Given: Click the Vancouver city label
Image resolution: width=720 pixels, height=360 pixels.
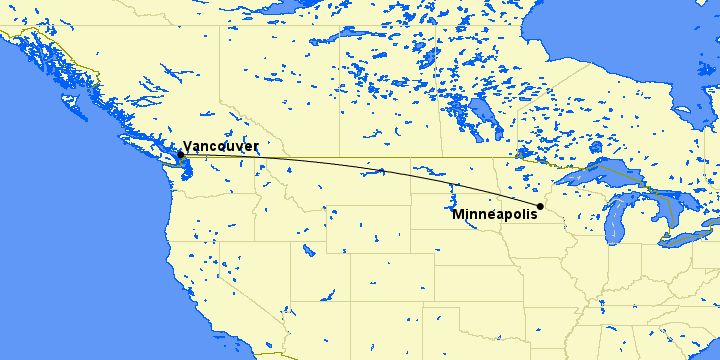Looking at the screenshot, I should pos(220,146).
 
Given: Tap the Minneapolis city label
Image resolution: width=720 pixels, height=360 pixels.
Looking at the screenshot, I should pos(494,215).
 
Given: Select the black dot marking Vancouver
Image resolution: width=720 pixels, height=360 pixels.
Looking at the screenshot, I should pos(180,155).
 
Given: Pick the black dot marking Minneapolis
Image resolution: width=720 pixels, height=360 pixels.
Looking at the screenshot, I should pos(540,207).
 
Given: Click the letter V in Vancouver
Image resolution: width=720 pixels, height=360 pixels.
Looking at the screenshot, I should pos(187,146).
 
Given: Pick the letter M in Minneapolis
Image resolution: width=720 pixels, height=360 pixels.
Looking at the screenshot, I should pos(457,215).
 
